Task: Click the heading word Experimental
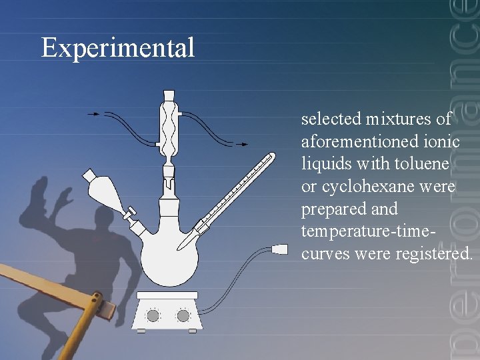coord(117,48)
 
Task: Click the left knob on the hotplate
coord(153,315)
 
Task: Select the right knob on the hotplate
coord(183,315)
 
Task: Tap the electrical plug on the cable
coord(279,250)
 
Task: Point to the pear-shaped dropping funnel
coord(107,194)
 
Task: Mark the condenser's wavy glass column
coord(168,127)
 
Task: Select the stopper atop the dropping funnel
coord(89,175)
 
